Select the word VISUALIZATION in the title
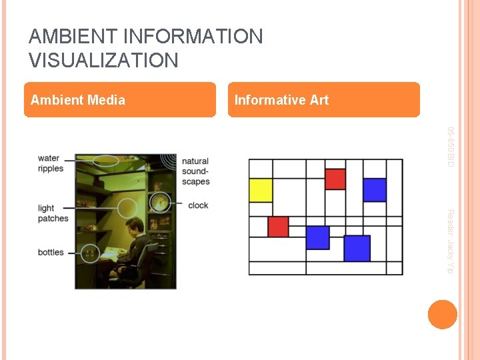(x=103, y=61)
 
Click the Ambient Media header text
(x=78, y=100)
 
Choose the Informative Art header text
(x=281, y=100)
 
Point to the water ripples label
(x=51, y=163)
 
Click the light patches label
(x=53, y=213)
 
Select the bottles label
(x=51, y=252)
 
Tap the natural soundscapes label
(x=195, y=171)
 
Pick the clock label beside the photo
(x=198, y=205)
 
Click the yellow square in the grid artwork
(x=261, y=190)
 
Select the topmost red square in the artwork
(x=335, y=179)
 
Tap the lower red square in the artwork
(x=278, y=227)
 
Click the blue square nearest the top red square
(x=375, y=189)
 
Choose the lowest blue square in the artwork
(x=357, y=248)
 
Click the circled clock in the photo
(x=159, y=202)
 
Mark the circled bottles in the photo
(x=89, y=253)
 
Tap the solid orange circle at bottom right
(x=443, y=315)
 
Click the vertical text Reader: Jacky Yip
(x=450, y=241)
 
